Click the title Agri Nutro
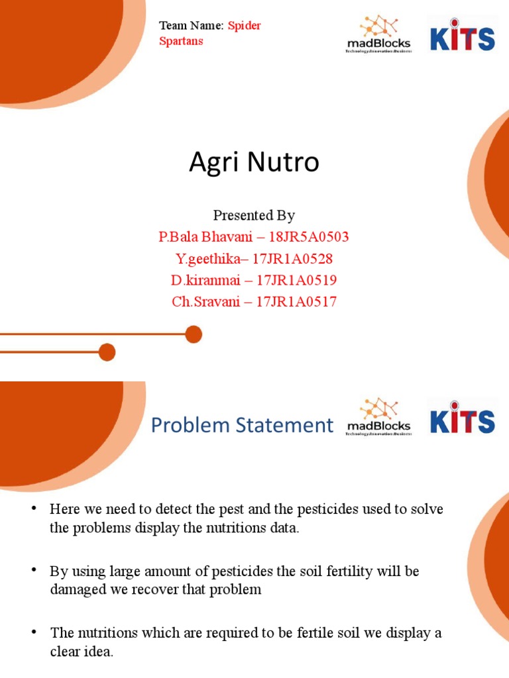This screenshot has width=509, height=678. tap(254, 163)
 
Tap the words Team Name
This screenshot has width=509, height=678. tap(190, 26)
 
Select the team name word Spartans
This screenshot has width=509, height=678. tap(181, 41)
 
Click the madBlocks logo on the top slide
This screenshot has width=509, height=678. tap(378, 35)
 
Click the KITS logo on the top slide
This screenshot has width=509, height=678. tap(462, 36)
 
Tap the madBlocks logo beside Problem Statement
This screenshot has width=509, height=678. tap(378, 417)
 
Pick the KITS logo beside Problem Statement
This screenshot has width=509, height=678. tap(462, 418)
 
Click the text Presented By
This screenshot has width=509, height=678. tap(254, 216)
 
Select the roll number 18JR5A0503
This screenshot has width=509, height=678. tap(309, 237)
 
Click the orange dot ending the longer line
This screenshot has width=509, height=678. tap(194, 334)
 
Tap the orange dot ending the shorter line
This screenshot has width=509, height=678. tap(107, 352)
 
